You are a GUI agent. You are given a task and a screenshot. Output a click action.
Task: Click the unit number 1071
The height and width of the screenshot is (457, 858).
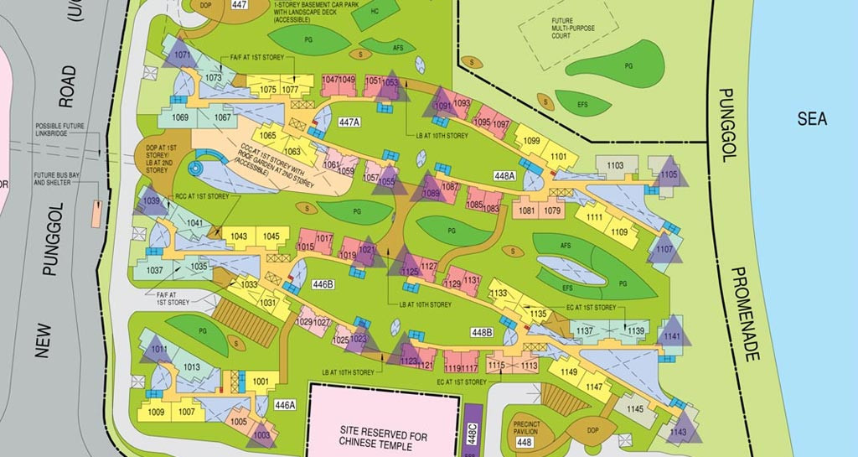coord(183,56)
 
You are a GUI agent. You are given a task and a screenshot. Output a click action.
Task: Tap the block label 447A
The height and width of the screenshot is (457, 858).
coord(349,122)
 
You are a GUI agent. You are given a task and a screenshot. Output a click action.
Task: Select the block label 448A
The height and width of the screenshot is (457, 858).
coord(504,176)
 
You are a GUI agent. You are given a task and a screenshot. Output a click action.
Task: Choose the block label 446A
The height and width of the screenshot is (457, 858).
coord(286,405)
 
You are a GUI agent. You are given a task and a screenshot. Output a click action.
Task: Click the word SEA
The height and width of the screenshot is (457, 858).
coord(812,119)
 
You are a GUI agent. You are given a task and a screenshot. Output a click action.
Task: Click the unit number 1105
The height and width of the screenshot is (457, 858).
coord(669,174)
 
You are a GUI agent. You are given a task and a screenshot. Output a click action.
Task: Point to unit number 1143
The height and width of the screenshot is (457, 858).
coord(678,432)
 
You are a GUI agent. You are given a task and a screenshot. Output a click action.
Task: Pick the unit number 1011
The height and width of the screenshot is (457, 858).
coord(159,349)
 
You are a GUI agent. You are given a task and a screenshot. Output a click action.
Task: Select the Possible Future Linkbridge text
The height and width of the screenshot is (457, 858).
coord(59,132)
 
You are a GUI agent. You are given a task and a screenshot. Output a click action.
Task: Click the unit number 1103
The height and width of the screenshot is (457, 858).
coord(616,166)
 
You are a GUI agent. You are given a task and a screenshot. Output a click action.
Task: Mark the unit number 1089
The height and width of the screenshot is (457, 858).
coord(431,194)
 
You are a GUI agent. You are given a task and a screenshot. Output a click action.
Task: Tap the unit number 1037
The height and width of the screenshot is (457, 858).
coord(154,271)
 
